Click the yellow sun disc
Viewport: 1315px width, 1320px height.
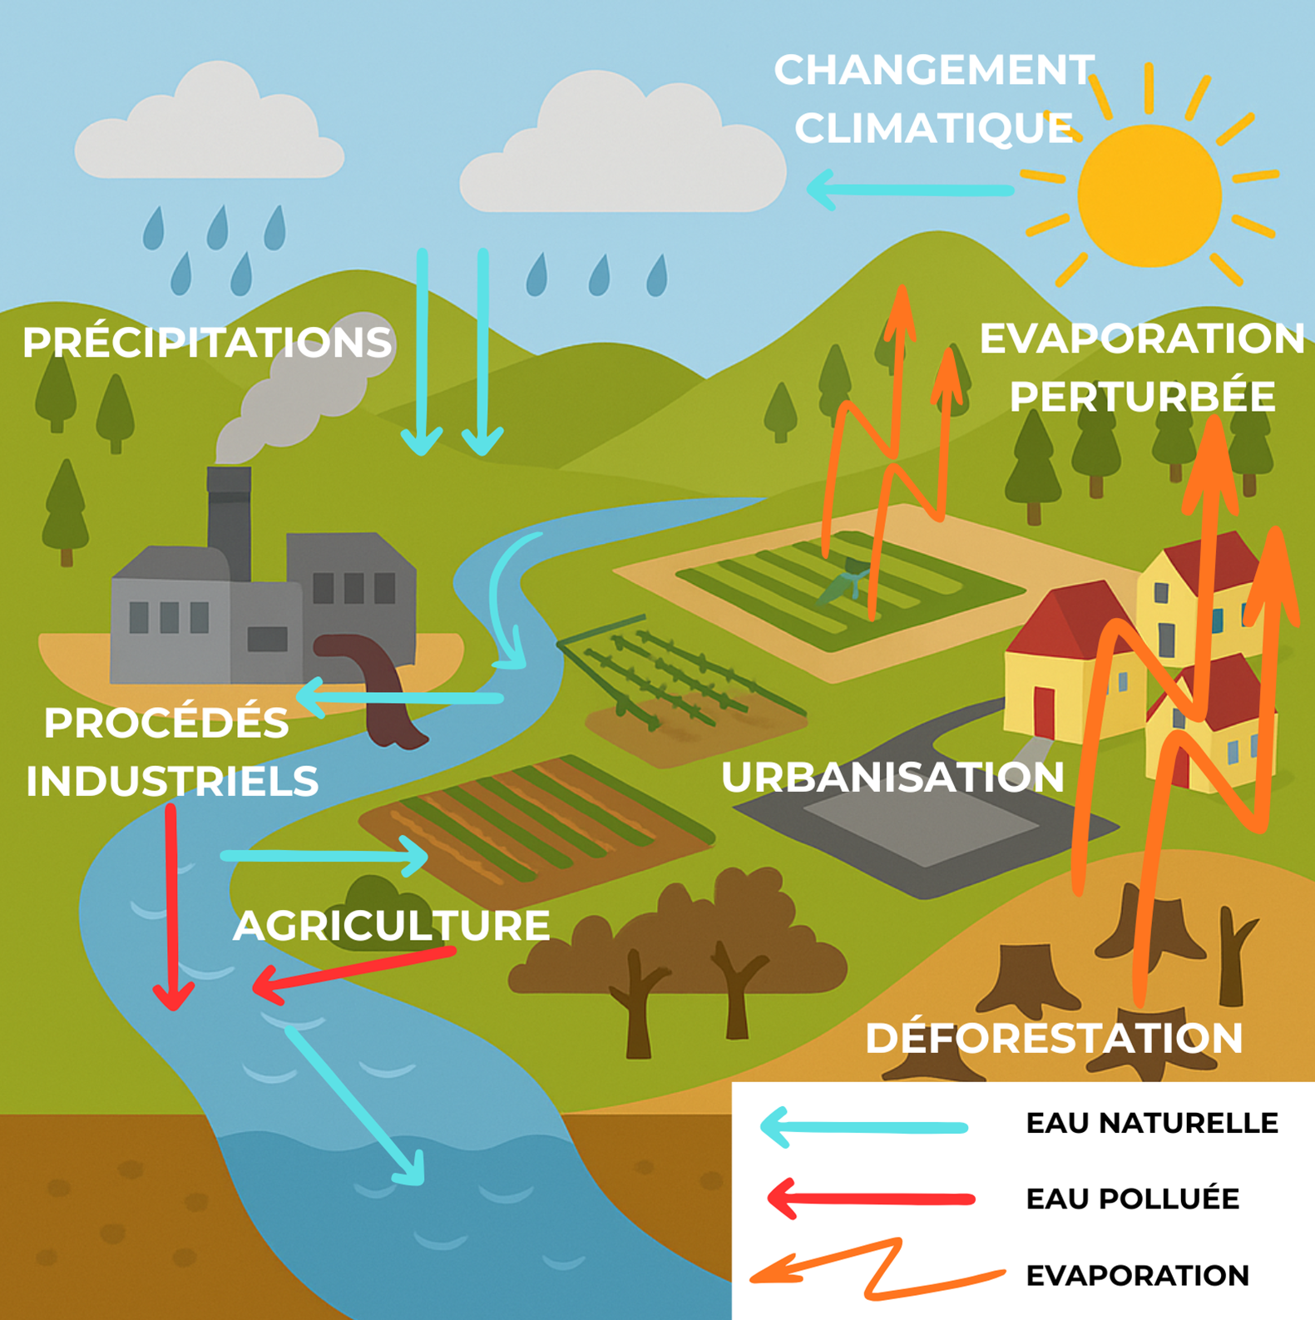click(1149, 196)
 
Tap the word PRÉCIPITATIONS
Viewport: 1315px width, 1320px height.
click(206, 343)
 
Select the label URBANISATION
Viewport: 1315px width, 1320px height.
click(892, 778)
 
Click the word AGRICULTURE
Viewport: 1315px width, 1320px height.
click(391, 926)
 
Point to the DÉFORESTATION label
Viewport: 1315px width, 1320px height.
click(1054, 1038)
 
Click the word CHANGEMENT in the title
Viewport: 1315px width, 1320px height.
click(933, 70)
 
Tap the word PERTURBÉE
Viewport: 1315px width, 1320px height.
click(1142, 397)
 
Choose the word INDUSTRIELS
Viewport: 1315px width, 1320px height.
click(172, 781)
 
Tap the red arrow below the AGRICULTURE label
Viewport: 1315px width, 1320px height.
click(353, 969)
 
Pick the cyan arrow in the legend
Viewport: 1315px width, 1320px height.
click(865, 1127)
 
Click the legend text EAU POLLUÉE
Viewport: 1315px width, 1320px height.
click(1132, 1199)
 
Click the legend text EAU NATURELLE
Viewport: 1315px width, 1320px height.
click(1151, 1123)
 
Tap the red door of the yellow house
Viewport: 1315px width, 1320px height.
click(1044, 711)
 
